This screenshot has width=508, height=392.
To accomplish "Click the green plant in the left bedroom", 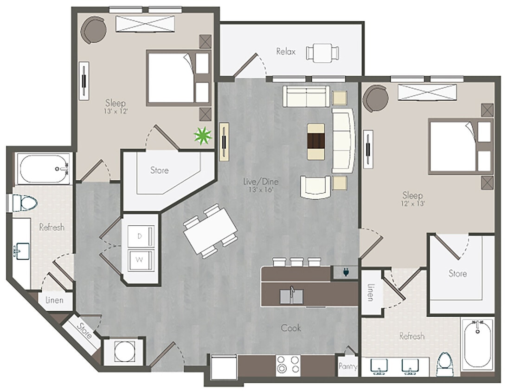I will point(203,136).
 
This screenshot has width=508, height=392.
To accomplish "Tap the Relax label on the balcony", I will point(286,52).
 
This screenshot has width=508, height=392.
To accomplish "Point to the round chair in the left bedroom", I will point(94,31).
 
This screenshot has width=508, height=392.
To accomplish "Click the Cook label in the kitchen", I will point(291,328).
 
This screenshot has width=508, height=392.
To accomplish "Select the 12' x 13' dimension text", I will point(413,203).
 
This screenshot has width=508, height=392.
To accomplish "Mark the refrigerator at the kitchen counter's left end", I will point(224,367).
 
